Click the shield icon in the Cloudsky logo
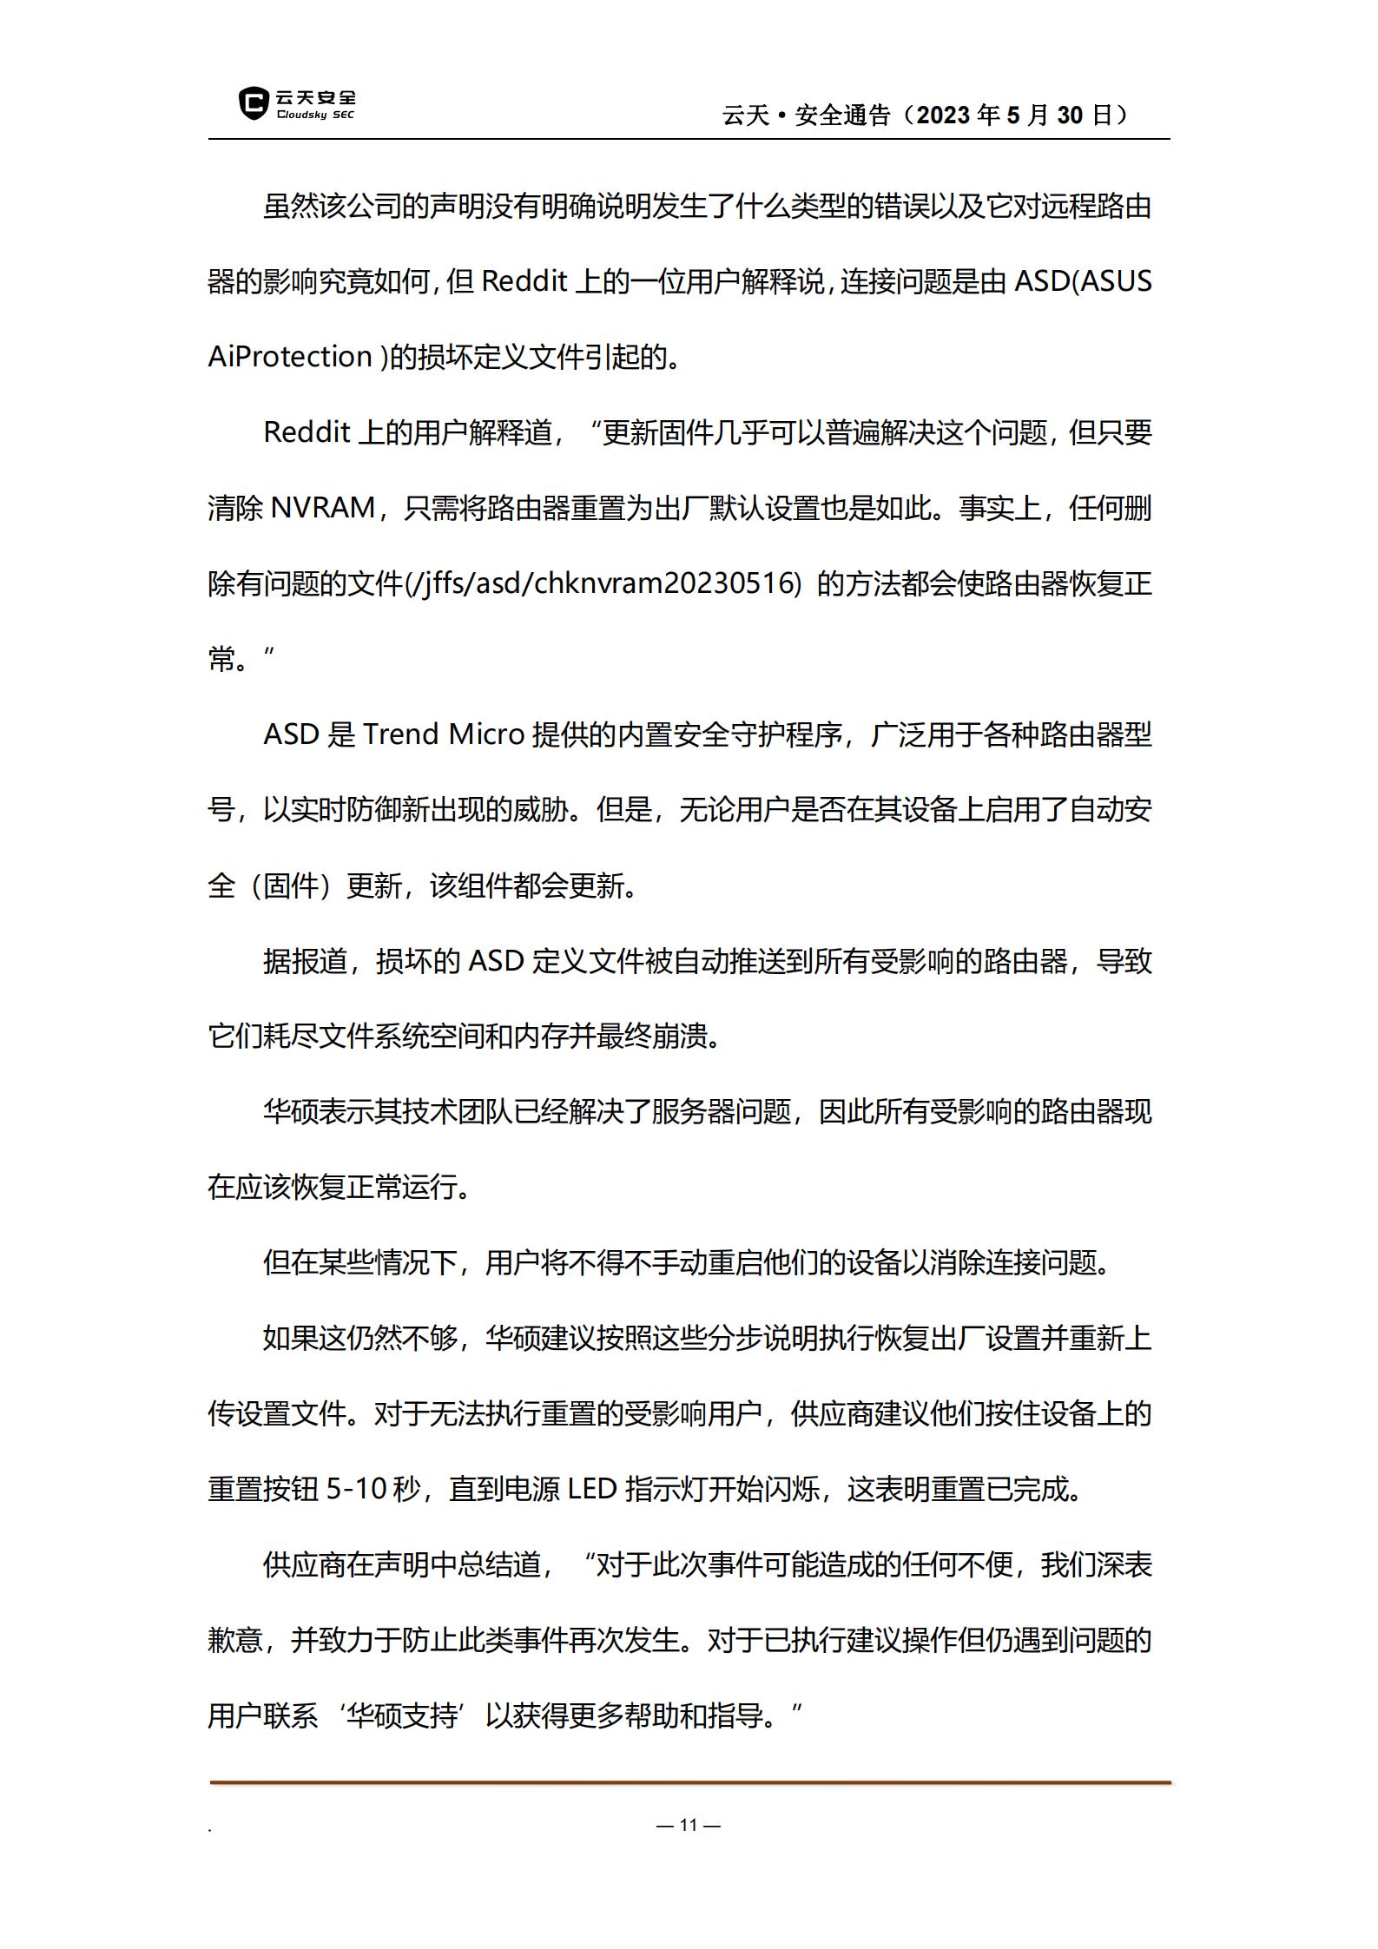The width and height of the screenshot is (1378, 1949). [254, 104]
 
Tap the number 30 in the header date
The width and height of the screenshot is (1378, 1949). [1070, 115]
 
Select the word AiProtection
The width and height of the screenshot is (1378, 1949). [290, 357]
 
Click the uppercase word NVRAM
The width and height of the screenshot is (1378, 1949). [323, 508]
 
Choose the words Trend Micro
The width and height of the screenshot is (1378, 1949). [443, 734]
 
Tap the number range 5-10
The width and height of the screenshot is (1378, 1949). [356, 1490]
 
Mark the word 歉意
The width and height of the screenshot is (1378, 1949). [235, 1641]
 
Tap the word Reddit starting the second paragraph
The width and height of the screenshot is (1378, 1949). [307, 432]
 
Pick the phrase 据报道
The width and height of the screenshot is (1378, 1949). [305, 961]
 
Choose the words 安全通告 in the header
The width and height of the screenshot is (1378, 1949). [843, 115]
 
